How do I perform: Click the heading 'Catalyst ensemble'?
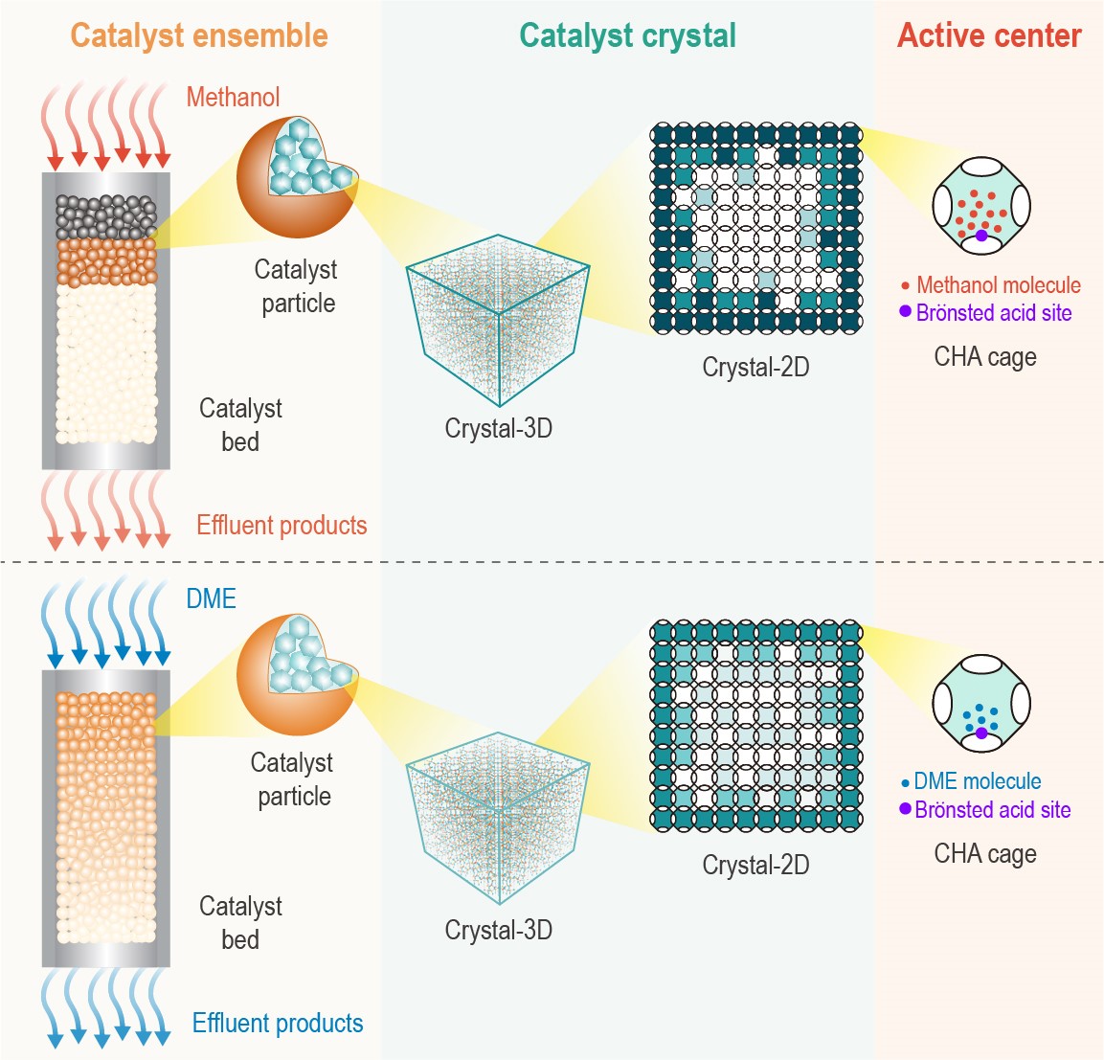coord(199,35)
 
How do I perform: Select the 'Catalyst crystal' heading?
coord(627,35)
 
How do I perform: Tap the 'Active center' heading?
coord(989,35)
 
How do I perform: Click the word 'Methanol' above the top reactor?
coord(233,97)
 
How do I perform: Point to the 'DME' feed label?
coord(211,598)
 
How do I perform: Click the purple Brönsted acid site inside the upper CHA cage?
coord(981,236)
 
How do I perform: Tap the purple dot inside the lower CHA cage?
coord(981,733)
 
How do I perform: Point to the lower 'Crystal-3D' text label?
coord(498,930)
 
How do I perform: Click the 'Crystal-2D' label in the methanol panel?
coord(755,367)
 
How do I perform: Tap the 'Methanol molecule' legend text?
coord(998,285)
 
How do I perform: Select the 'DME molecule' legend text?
coord(977,781)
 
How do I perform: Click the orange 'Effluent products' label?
coord(282,525)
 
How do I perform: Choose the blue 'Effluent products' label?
coord(278,1023)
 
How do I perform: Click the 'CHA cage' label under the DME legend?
coord(985,853)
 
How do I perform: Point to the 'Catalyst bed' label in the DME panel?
coord(240,922)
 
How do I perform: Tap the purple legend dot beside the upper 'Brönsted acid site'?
coord(905,311)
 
